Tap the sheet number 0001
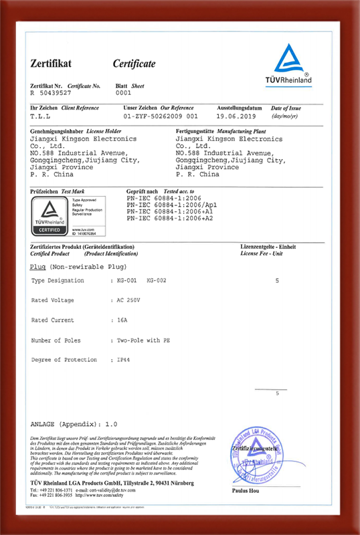124,94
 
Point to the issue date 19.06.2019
237,115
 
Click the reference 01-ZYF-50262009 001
157,115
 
